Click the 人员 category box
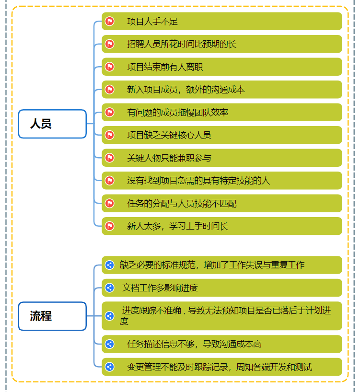pos(52,124)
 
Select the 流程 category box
pos(52,316)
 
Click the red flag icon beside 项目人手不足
pos(110,22)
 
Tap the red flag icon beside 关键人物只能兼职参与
pos(110,158)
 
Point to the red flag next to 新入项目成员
pos(110,90)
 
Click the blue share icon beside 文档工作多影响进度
pos(110,288)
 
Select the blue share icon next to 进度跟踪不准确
pos(110,316)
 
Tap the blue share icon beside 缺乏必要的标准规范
pos(110,265)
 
